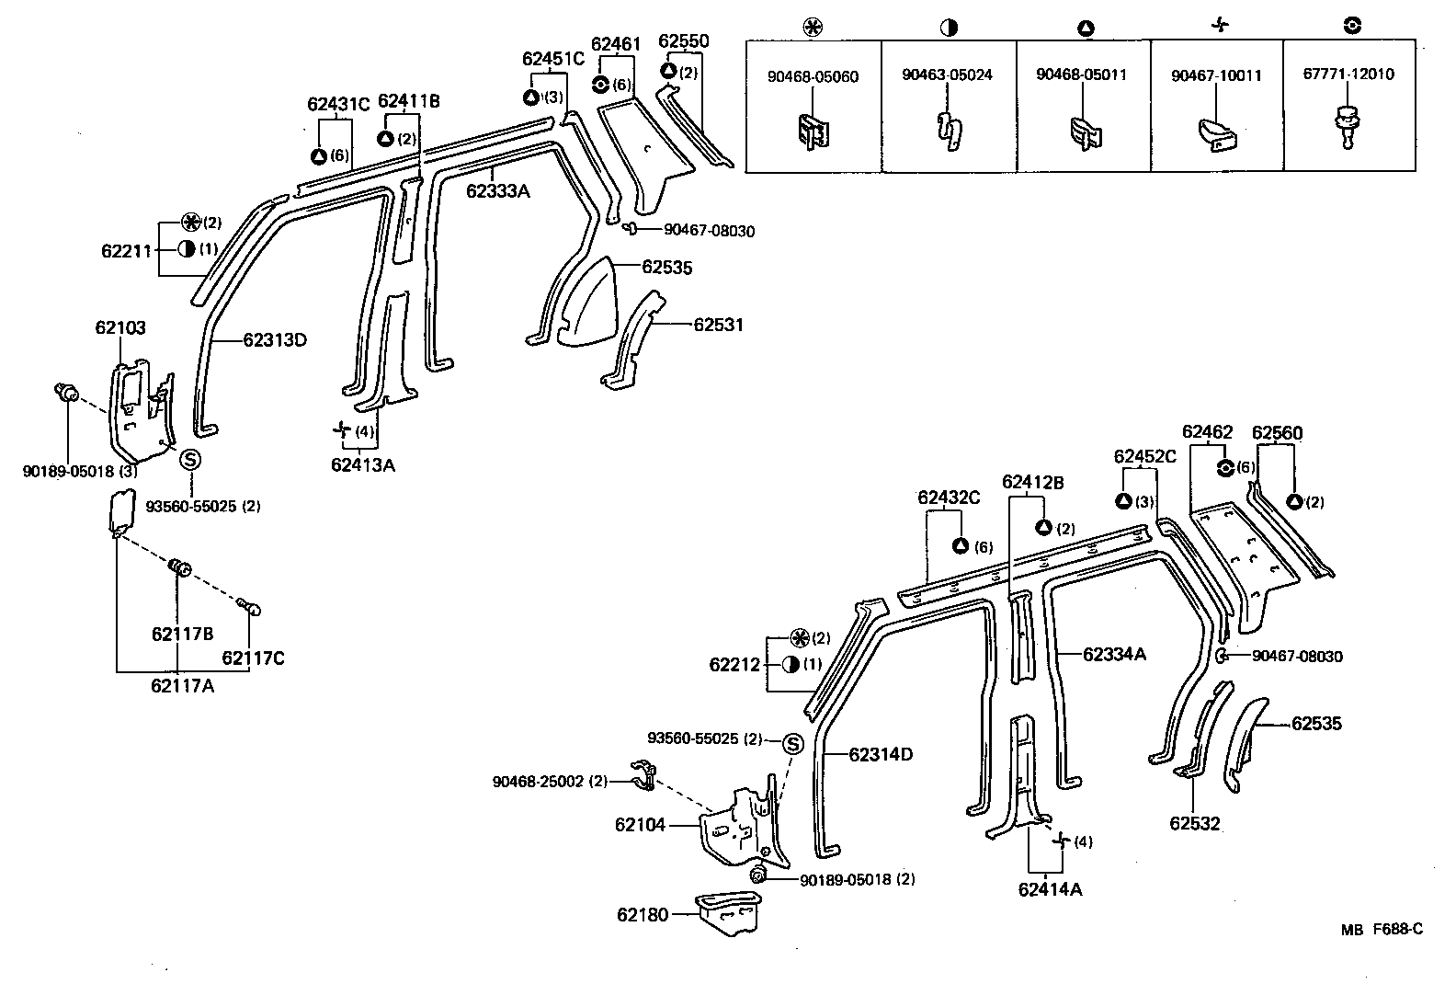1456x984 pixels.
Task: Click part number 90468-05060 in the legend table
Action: tap(813, 76)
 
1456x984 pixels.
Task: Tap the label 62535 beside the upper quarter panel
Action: tap(666, 268)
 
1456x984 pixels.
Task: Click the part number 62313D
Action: tap(275, 340)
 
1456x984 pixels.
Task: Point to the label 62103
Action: tap(119, 327)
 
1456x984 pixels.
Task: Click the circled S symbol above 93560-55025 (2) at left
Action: tap(190, 460)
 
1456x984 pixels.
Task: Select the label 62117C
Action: tap(253, 658)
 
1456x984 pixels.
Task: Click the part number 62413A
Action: tap(363, 465)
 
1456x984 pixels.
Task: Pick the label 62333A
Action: tap(497, 191)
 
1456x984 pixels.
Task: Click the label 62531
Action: tap(718, 325)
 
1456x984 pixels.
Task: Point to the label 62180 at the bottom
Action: tap(643, 914)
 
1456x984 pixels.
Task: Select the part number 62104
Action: tap(640, 826)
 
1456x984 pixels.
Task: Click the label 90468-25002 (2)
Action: tap(550, 782)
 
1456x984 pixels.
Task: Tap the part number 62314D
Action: tap(881, 755)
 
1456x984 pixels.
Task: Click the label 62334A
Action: tap(1114, 655)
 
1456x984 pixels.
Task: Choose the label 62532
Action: tap(1195, 823)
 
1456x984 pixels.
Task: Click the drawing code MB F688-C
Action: tap(1381, 930)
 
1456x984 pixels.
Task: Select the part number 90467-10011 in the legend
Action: tap(1216, 75)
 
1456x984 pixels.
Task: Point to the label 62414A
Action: tap(1050, 889)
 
